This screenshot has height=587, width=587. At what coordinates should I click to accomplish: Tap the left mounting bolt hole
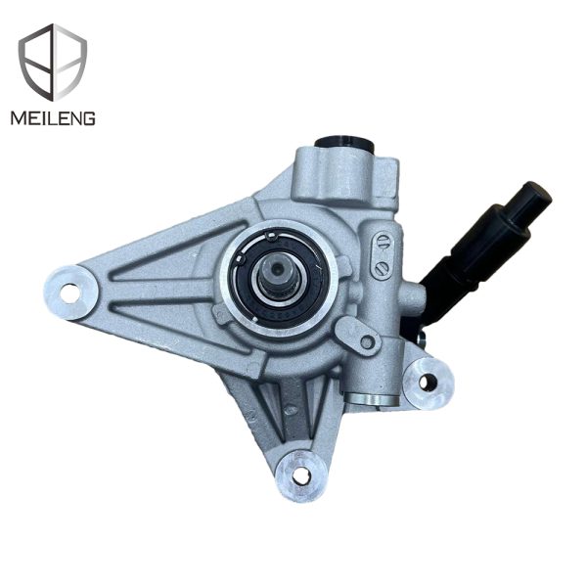[x=70, y=292]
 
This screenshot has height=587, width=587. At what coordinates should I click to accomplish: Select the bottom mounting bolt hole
[x=301, y=474]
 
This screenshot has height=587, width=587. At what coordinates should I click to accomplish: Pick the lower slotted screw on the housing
[x=383, y=265]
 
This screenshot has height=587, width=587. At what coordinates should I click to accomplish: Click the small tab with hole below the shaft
[x=366, y=340]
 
